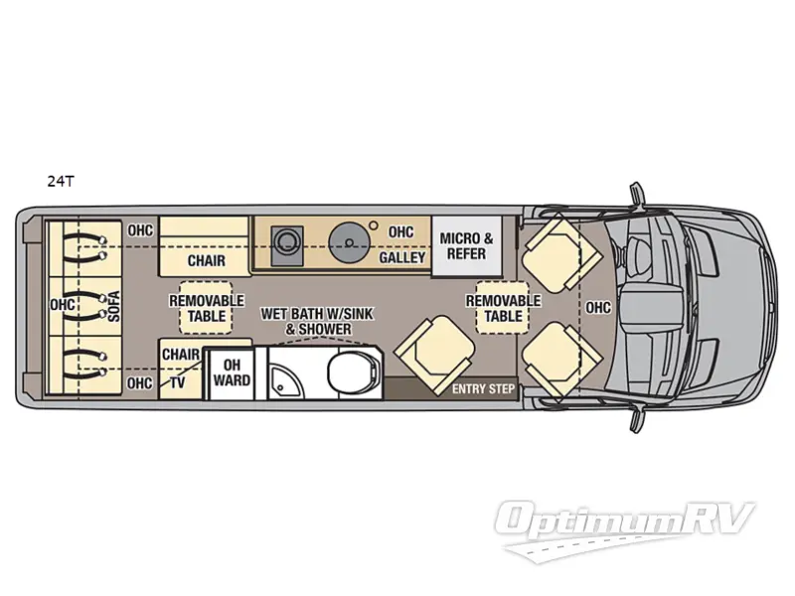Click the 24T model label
(60, 182)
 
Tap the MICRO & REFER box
(466, 245)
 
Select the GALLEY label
(401, 258)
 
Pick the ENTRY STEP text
(483, 388)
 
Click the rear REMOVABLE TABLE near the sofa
(206, 308)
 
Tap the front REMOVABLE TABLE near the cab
(503, 308)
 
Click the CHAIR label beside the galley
(206, 261)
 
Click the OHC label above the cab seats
(598, 308)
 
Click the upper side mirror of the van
(633, 191)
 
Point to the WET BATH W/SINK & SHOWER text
(305, 321)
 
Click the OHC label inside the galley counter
(400, 231)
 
